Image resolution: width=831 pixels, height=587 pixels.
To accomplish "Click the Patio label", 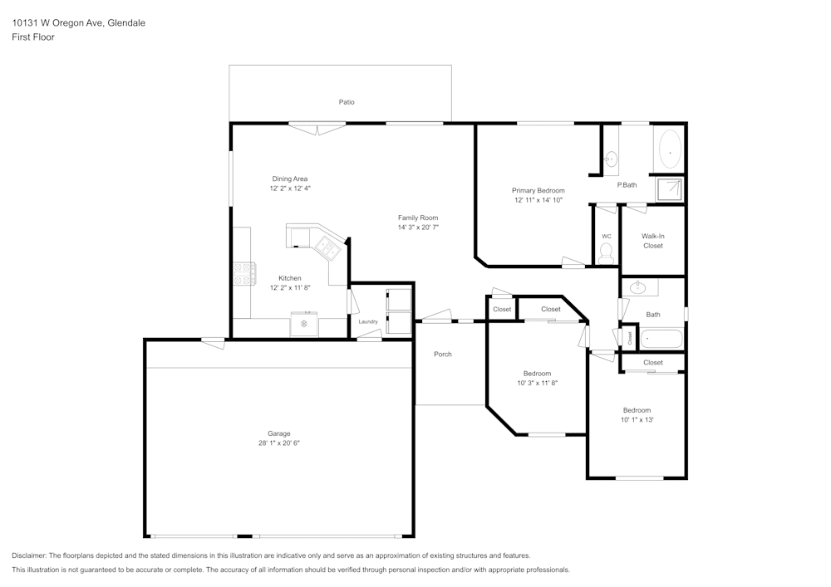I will (x=347, y=102).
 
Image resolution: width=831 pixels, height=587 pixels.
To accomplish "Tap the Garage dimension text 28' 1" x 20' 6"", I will (x=278, y=443).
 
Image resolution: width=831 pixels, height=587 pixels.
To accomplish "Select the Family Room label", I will (x=417, y=218).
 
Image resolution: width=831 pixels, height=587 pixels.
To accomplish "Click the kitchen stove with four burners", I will (x=243, y=274).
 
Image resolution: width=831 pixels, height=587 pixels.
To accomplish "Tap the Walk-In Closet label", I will (x=653, y=241).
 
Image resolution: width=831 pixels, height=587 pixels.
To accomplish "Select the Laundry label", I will (x=368, y=321).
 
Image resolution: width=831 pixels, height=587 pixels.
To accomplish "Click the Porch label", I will (x=443, y=355).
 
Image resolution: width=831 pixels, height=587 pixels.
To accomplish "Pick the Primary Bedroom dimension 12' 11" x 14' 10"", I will (x=538, y=200).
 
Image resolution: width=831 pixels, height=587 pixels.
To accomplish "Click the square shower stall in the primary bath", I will (x=669, y=190).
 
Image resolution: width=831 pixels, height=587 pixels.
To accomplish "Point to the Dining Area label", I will (x=290, y=179).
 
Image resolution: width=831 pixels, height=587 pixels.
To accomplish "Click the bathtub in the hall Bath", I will (x=661, y=339).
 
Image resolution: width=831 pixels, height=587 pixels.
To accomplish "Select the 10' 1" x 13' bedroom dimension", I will (x=637, y=420).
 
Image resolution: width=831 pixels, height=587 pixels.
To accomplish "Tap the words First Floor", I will (x=33, y=37).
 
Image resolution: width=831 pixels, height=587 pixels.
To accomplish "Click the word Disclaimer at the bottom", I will (x=29, y=555).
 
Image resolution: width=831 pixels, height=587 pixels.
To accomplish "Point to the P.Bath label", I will (x=627, y=184).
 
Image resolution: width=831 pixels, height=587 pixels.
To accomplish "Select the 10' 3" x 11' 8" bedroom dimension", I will (x=537, y=383).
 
